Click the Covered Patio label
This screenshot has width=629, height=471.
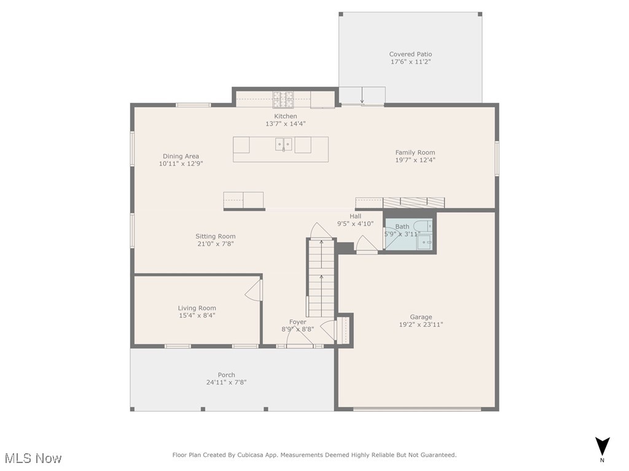(x=410, y=54)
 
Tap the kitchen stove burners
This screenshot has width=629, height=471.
(x=283, y=100)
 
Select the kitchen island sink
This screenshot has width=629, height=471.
(x=284, y=144)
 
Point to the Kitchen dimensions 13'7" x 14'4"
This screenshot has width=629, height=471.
(x=286, y=124)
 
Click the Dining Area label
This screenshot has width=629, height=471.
(x=181, y=156)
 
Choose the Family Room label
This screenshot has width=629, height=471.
(x=415, y=152)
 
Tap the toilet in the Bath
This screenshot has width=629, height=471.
(x=423, y=226)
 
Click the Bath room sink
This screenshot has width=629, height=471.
(x=424, y=242)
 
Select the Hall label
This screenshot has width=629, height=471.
(x=356, y=216)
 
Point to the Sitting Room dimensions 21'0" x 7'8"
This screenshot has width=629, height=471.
(x=216, y=243)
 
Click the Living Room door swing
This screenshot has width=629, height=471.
(x=254, y=290)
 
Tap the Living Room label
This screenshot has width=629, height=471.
(x=197, y=308)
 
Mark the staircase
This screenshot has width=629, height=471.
(x=321, y=278)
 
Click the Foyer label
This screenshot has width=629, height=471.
(x=298, y=322)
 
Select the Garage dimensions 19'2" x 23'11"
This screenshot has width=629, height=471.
(x=421, y=324)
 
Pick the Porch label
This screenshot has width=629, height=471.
(x=226, y=375)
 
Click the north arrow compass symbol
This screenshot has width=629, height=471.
(x=602, y=446)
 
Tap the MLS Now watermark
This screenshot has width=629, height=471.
(x=33, y=458)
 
